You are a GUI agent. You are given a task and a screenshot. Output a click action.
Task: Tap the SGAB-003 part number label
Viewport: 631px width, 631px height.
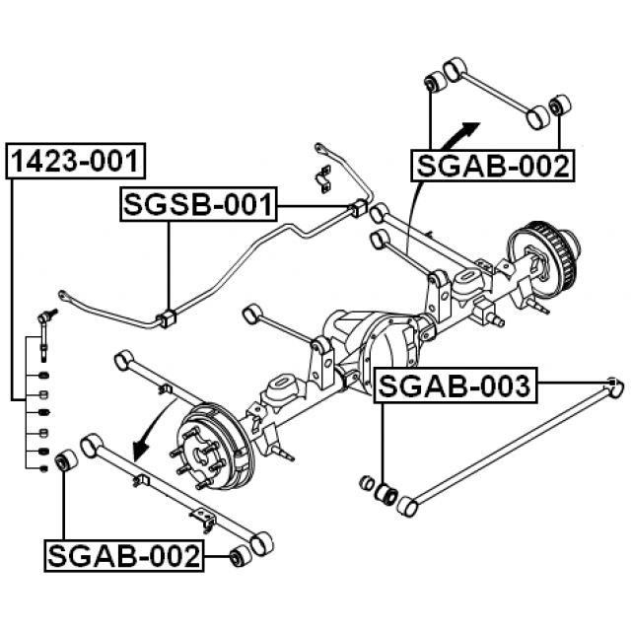[455, 386]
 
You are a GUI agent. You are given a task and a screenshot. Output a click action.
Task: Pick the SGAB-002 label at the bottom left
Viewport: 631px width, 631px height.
[124, 557]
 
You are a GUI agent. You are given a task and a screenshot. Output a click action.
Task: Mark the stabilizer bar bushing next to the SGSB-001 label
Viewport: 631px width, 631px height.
[358, 209]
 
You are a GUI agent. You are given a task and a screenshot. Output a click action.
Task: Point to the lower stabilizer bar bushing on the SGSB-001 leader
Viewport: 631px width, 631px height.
[166, 318]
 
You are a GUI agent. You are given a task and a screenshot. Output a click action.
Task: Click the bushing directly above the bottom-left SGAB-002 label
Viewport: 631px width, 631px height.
[65, 460]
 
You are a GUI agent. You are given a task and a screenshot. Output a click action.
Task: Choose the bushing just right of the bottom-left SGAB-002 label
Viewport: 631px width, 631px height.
[237, 557]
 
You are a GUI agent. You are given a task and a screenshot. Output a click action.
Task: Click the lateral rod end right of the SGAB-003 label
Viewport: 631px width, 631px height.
[612, 386]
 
